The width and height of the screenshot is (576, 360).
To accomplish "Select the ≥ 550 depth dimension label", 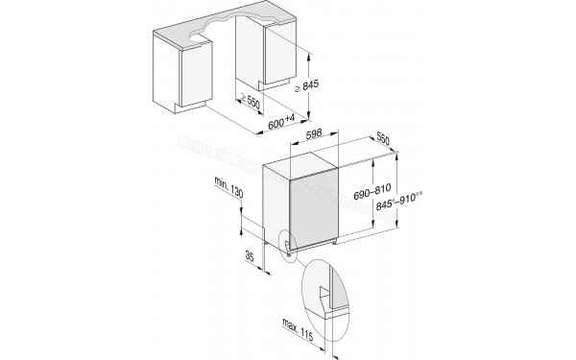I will [251, 103].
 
